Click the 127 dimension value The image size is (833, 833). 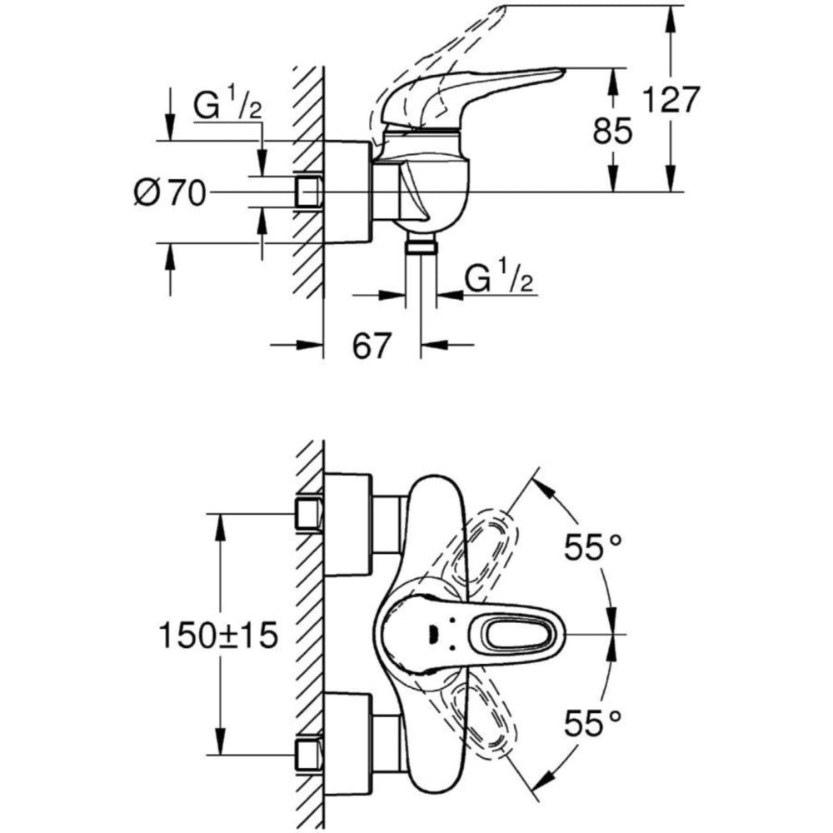tap(670, 99)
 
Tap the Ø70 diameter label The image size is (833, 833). tap(168, 193)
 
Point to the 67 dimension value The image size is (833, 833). tap(372, 346)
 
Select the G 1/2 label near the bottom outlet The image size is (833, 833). tap(498, 280)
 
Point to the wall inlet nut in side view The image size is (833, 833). tap(309, 192)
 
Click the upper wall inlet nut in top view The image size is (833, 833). tap(310, 513)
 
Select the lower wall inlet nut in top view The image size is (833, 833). tap(310, 753)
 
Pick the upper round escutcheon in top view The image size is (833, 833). tap(347, 525)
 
